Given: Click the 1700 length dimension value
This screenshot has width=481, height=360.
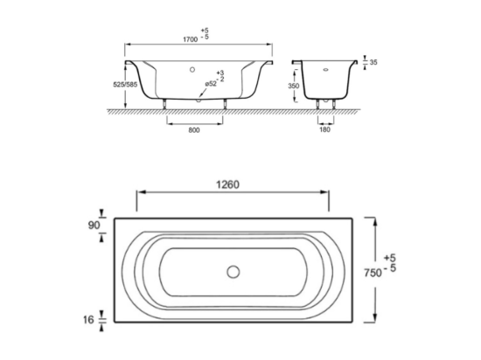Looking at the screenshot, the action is (190, 39).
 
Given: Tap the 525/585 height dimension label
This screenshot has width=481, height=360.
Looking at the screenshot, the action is (125, 85).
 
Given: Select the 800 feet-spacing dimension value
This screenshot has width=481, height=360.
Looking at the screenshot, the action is (194, 130).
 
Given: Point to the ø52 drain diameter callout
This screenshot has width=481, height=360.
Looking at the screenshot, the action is (211, 84).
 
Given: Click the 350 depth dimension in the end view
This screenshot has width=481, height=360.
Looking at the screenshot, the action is (294, 86).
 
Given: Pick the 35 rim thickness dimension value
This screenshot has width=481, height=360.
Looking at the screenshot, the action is (373, 63).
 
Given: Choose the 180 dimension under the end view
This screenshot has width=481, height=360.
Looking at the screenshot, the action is (324, 129).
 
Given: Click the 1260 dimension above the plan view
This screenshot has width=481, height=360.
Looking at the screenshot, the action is (227, 184).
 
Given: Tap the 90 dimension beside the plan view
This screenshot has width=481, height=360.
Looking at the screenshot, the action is (94, 225).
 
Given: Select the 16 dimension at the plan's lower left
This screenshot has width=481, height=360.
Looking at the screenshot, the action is (88, 320).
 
